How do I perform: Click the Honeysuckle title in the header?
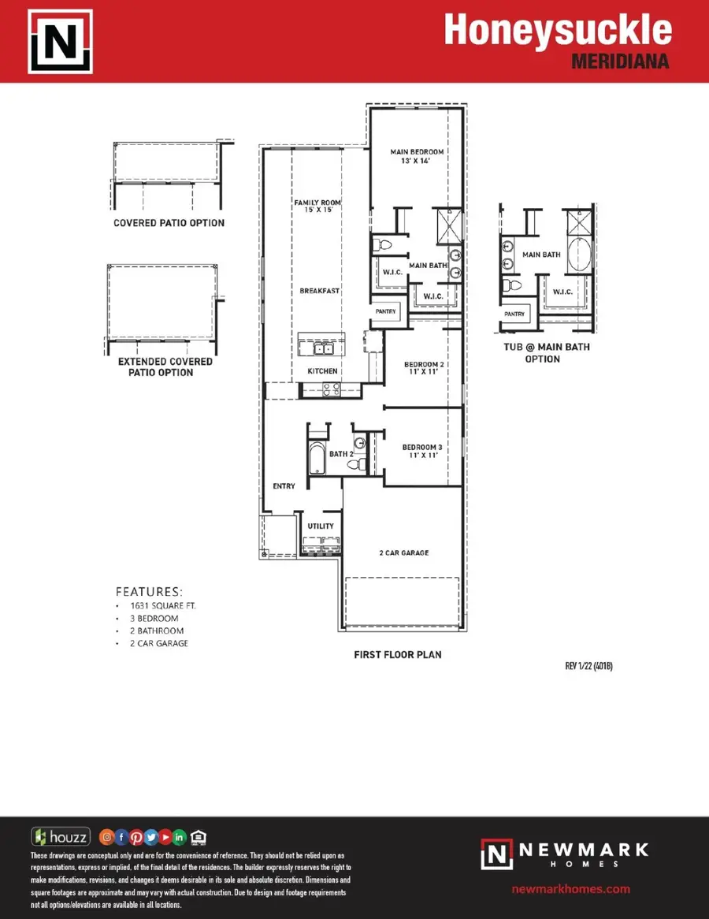pos(558,30)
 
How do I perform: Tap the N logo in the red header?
pos(61,42)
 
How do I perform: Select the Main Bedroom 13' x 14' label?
pos(417,156)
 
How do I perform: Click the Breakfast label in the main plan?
pos(319,291)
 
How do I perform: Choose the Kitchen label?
pos(322,371)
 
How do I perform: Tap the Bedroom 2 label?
pos(424,367)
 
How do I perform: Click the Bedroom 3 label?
pos(422,451)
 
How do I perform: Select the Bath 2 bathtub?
pos(317,458)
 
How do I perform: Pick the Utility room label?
pos(321,526)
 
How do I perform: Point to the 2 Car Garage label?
pos(403,553)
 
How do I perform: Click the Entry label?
pos(284,486)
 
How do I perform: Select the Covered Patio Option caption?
pos(169,223)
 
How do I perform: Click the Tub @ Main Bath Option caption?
pos(546,353)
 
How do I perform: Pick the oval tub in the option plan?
pos(580,255)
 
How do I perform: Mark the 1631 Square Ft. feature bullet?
pos(163,605)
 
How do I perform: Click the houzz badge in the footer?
pos(61,837)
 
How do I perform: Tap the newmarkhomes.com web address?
pos(570,889)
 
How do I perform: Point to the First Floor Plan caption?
pos(398,655)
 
